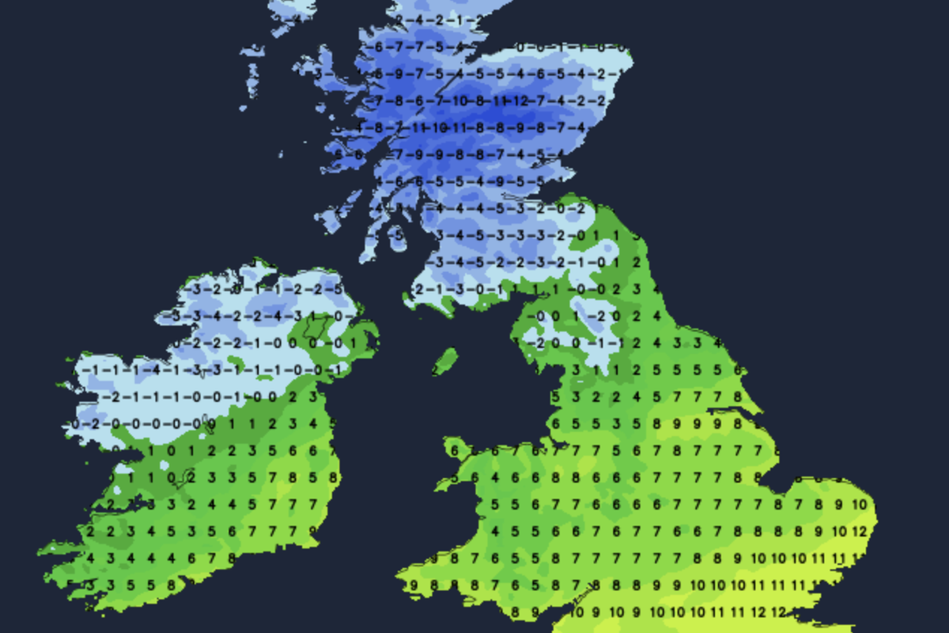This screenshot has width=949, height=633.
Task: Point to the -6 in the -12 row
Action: coord(419,100)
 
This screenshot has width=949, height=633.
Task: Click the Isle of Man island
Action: coord(446,361)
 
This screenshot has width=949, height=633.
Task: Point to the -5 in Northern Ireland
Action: coord(338,289)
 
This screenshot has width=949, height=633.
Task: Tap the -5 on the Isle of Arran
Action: coord(399,235)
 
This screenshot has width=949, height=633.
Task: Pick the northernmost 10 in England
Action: coord(859,505)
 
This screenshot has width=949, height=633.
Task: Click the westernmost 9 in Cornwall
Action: coord(414,586)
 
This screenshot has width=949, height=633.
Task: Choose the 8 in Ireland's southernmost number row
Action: coord(169,586)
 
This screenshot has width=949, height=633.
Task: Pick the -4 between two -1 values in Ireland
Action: coord(158,370)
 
